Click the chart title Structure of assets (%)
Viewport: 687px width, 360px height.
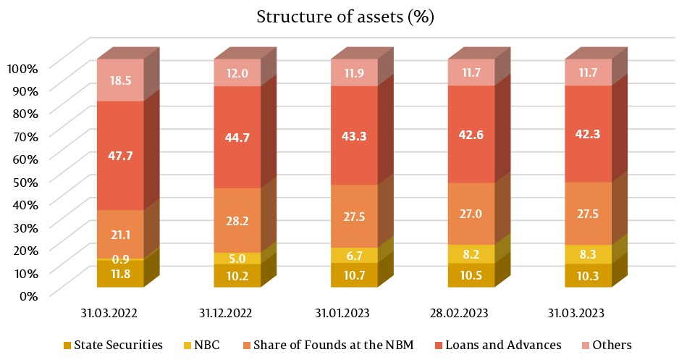point(345,17)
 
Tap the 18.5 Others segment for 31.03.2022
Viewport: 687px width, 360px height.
point(120,80)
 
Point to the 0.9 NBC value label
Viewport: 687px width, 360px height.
point(120,259)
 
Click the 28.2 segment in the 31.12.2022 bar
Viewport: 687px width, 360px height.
point(237,220)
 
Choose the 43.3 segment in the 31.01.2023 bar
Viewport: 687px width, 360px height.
point(354,135)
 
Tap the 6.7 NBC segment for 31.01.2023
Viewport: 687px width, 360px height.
point(354,255)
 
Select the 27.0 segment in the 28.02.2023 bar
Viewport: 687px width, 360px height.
point(471,214)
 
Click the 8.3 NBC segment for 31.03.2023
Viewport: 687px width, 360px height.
point(588,254)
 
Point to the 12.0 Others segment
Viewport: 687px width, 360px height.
point(237,72)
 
